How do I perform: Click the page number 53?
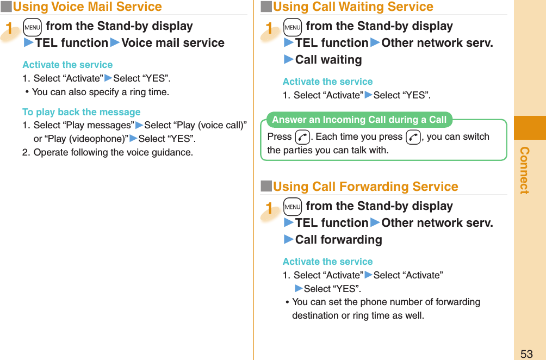(526, 353)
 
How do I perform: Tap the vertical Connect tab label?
(524, 170)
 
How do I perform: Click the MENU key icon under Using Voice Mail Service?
(32, 27)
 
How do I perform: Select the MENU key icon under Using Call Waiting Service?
(292, 27)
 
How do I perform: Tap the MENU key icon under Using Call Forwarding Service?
(292, 207)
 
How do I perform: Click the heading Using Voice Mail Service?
(87, 7)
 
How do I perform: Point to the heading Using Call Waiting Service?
(352, 7)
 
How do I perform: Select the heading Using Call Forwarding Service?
(365, 187)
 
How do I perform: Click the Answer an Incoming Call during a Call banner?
(359, 120)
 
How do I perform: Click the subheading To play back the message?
(81, 112)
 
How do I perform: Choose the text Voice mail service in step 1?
(173, 43)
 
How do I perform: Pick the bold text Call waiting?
(328, 60)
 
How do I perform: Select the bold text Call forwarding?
(338, 240)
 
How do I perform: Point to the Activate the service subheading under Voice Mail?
(67, 65)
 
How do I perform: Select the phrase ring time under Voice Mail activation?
(148, 92)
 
